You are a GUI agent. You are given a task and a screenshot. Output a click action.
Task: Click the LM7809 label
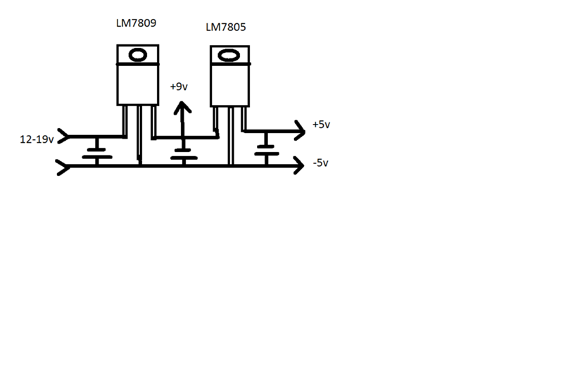click(x=136, y=23)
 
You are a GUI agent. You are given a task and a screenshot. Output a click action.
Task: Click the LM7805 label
click(x=226, y=27)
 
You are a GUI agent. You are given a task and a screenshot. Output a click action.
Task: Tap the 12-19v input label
click(x=37, y=139)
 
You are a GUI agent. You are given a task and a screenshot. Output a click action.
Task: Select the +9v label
click(x=179, y=87)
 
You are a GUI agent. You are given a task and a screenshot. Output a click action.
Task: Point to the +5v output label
click(x=322, y=125)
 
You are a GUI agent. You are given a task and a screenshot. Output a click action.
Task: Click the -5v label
click(x=321, y=163)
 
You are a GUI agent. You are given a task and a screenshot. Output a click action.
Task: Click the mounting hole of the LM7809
click(x=138, y=56)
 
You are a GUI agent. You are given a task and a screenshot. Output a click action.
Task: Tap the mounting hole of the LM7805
click(x=229, y=56)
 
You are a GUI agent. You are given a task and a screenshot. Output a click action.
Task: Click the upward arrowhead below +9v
click(x=182, y=108)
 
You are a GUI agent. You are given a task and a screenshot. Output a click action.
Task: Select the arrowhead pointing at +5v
click(x=301, y=130)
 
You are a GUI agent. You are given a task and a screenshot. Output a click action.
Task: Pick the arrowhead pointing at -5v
click(x=299, y=165)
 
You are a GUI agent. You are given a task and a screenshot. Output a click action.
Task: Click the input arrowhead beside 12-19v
click(x=63, y=137)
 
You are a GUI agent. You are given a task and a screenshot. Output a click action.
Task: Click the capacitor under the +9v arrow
click(x=184, y=154)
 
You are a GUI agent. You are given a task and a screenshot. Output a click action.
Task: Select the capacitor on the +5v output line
click(x=267, y=150)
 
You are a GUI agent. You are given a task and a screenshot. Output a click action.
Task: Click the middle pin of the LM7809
click(x=139, y=134)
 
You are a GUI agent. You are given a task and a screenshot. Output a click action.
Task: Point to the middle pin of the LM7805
click(x=231, y=135)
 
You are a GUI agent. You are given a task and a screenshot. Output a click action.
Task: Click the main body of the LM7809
click(x=138, y=84)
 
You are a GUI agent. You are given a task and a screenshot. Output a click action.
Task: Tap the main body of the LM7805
click(x=230, y=85)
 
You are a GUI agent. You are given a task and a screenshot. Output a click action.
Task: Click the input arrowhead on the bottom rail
click(x=63, y=167)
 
